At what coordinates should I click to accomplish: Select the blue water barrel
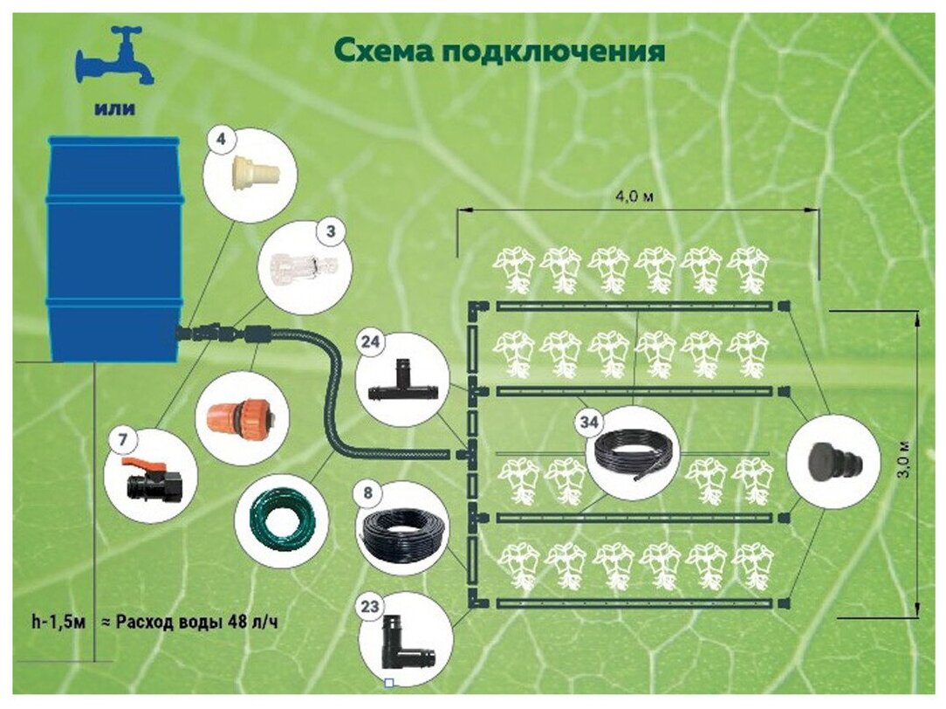113,249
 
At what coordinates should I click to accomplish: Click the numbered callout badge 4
220,138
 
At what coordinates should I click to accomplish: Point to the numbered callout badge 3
330,231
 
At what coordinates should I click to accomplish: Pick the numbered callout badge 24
371,343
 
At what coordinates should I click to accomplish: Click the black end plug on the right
834,462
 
